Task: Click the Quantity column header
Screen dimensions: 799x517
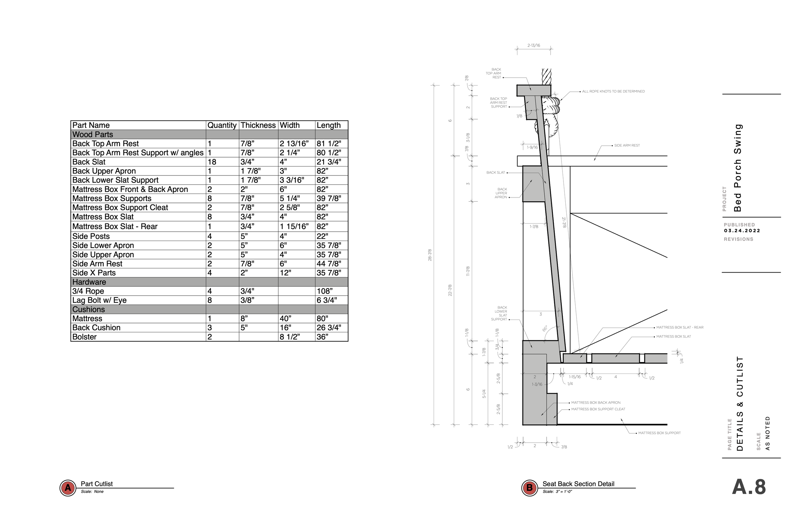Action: coord(222,125)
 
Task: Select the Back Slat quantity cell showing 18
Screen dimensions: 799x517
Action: coord(212,162)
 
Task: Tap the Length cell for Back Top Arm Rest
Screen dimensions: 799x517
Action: coord(329,144)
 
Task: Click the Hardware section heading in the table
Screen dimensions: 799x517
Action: coord(89,282)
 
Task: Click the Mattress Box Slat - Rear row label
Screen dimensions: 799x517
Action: coord(115,227)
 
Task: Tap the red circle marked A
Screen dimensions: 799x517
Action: coord(68,488)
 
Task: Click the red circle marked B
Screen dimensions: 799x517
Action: coord(530,488)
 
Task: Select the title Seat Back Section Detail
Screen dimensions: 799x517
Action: coord(578,484)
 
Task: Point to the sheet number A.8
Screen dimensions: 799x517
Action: coord(749,487)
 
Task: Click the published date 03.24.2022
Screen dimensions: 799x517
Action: coord(742,231)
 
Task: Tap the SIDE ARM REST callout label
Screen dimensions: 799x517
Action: coord(627,145)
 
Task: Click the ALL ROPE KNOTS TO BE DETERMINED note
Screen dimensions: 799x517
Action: coord(613,91)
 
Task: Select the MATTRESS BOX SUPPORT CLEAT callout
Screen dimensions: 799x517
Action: coord(598,409)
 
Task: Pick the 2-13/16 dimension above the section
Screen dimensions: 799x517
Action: coord(533,45)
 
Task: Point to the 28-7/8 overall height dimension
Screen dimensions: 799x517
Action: coord(430,255)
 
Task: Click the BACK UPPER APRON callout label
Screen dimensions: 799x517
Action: coord(501,193)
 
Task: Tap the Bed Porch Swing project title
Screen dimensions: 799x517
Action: coord(737,168)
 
